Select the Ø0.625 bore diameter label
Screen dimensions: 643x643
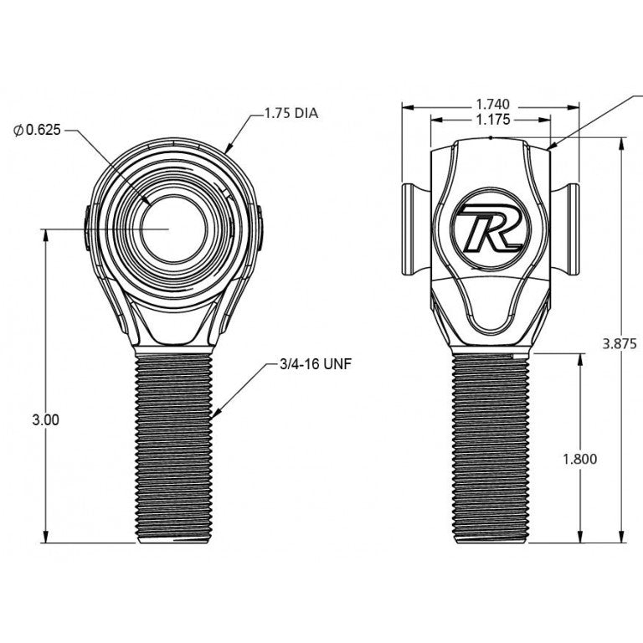pyautogui.click(x=37, y=131)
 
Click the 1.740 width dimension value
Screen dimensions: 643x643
pyautogui.click(x=492, y=105)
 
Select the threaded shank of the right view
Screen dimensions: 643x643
pyautogui.click(x=491, y=448)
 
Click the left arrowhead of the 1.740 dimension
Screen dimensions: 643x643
pyautogui.click(x=406, y=106)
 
